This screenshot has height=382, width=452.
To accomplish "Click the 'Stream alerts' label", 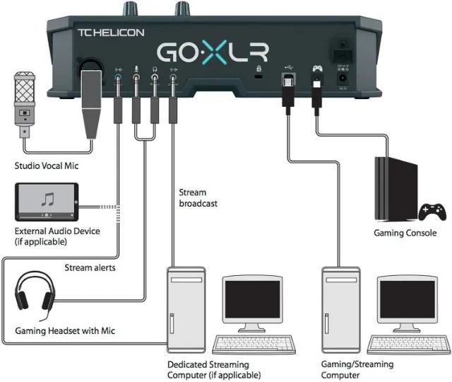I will [90, 267].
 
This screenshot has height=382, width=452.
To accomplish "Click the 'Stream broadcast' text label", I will [198, 197].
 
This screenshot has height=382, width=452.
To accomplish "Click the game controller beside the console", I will [432, 210].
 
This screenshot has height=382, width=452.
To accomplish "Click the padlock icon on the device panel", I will [258, 69].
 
